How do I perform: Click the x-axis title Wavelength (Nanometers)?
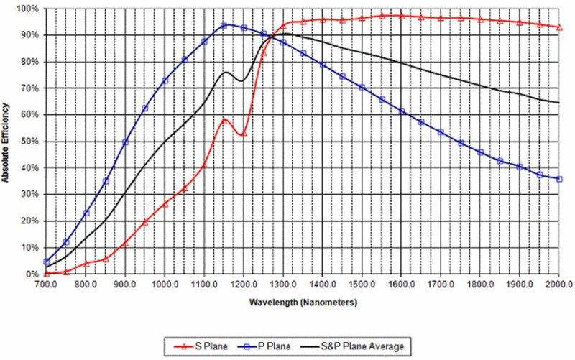point(303,303)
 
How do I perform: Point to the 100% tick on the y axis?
point(28,9)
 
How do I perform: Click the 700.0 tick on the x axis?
point(47,285)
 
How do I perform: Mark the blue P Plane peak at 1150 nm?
point(224,25)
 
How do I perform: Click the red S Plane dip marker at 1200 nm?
point(244,133)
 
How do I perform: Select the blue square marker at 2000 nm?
point(559,179)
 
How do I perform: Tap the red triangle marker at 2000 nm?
point(559,27)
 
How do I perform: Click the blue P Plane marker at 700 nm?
point(47,262)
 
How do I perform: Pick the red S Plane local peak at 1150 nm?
point(224,120)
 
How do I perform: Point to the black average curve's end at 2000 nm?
point(559,103)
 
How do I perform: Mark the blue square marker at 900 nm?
point(125,142)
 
